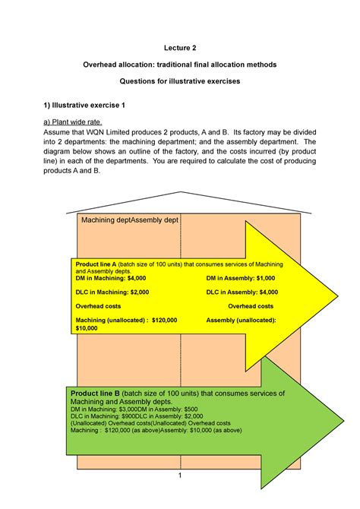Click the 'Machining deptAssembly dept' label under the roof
coord(128,220)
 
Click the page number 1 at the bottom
coord(180,476)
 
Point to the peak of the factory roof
coord(180,192)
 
